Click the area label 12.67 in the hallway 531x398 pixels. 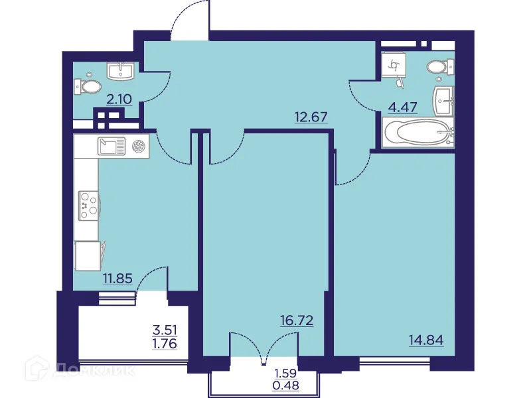[312, 118]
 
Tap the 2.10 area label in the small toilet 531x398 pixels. [119, 100]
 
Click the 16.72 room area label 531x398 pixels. [297, 321]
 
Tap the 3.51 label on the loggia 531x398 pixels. [166, 328]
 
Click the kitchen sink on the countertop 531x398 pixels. [112, 146]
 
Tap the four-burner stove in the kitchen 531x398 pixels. [88, 204]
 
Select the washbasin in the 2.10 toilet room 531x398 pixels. [122, 70]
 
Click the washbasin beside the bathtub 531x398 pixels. [443, 100]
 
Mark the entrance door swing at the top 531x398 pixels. [189, 20]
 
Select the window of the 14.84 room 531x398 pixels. [395, 364]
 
